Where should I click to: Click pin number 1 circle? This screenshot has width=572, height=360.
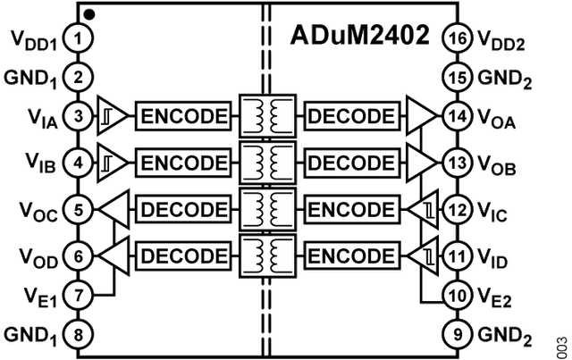tap(80, 38)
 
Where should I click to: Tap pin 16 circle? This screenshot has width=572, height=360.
tap(457, 38)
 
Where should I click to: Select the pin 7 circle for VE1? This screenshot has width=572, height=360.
tap(80, 293)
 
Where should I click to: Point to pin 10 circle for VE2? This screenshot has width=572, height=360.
tap(457, 293)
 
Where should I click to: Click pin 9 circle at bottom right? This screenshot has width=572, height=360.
tap(457, 335)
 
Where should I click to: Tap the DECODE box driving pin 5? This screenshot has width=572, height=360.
tap(184, 209)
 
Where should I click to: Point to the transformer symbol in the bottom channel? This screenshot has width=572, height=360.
tap(266, 256)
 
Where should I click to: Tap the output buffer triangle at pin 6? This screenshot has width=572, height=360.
tap(112, 256)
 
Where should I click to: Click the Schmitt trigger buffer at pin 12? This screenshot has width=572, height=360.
tap(424, 209)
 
